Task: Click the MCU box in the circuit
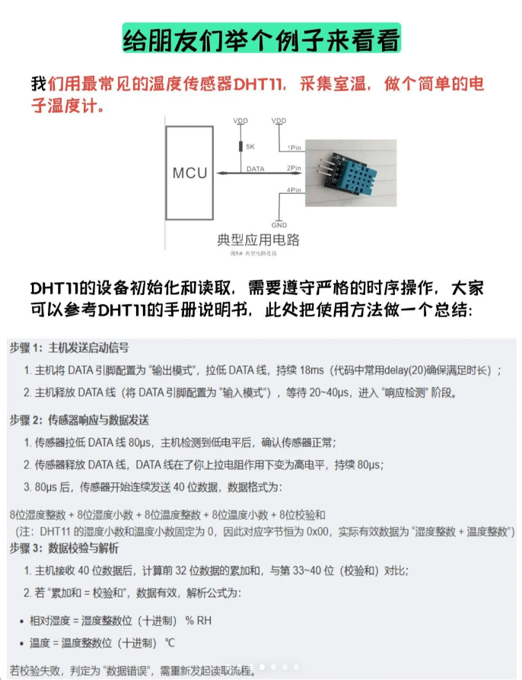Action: (x=189, y=173)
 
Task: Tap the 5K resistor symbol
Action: (x=240, y=147)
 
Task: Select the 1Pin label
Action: (x=294, y=147)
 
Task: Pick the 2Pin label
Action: (x=294, y=167)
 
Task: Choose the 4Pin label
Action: (x=294, y=189)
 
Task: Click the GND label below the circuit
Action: (x=279, y=225)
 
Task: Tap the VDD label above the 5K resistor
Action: (x=240, y=121)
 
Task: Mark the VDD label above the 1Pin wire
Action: (x=279, y=121)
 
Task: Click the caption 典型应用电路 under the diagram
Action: (x=259, y=240)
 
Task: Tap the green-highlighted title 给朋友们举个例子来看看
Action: (x=261, y=40)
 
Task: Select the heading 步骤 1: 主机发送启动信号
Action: (x=69, y=348)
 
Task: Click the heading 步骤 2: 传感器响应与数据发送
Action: (x=79, y=420)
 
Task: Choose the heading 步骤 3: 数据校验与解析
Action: (x=64, y=548)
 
